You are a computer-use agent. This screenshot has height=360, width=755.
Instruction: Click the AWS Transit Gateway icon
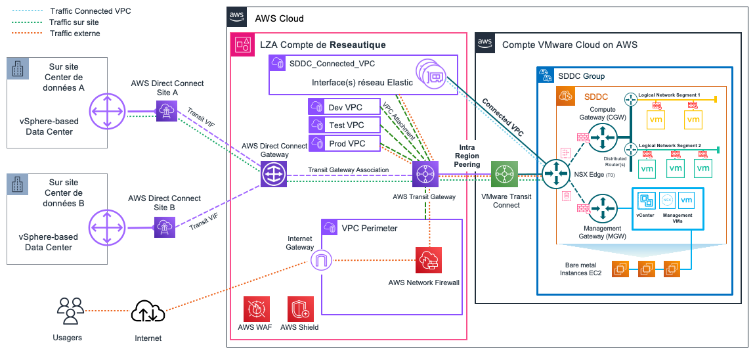425,175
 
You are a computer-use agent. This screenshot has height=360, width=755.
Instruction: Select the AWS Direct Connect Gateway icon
273,175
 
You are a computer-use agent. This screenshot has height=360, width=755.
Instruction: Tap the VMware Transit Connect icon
505,175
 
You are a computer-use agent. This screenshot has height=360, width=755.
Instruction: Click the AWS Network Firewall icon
429,259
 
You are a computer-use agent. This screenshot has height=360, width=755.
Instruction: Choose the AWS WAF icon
253,308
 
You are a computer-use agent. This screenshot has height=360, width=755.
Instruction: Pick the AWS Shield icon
299,308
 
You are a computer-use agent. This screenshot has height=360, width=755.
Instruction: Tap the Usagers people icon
70,311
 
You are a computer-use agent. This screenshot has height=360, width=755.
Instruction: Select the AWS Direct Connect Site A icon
166,112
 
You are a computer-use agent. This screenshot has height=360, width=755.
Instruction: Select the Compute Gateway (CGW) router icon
603,137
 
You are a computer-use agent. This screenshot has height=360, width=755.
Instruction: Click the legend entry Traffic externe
75,33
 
